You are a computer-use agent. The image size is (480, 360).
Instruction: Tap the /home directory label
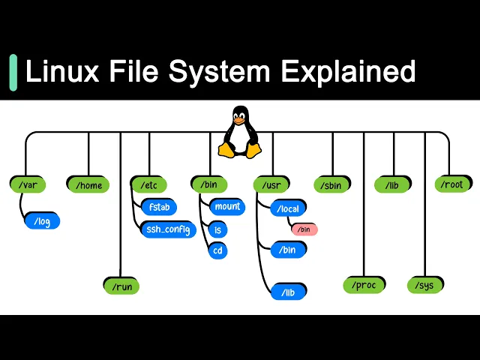(88, 184)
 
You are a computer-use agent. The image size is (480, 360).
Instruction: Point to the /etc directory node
(148, 184)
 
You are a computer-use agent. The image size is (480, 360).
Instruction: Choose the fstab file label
(159, 206)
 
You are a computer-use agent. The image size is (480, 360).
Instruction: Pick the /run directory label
(121, 286)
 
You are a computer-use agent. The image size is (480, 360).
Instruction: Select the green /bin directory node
(209, 184)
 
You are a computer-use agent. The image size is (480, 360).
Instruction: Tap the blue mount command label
(226, 206)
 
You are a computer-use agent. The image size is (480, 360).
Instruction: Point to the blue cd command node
(218, 250)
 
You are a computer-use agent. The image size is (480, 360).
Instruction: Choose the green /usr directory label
(271, 184)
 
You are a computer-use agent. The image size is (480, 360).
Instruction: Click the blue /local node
(289, 208)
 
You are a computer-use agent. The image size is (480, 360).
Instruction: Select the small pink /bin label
(304, 229)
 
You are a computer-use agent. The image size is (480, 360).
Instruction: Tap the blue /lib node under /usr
(289, 292)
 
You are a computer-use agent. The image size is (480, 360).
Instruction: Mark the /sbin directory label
(331, 184)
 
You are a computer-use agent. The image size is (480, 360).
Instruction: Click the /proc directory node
(364, 285)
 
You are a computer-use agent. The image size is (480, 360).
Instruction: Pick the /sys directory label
(426, 285)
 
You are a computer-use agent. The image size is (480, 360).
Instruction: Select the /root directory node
(453, 184)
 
